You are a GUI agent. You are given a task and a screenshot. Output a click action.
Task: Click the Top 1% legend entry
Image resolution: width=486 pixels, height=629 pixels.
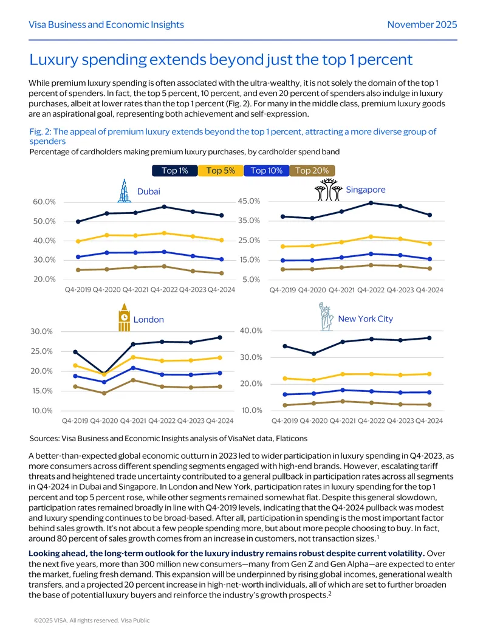175,171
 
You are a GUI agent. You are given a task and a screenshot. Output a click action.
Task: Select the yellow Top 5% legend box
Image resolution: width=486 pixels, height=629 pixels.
221,171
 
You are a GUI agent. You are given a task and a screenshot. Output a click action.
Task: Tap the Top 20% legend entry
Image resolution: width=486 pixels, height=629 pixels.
312,171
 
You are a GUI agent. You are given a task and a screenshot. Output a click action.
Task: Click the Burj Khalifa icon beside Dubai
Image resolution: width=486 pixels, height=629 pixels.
125,191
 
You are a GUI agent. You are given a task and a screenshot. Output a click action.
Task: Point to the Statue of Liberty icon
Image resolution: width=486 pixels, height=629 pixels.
326,317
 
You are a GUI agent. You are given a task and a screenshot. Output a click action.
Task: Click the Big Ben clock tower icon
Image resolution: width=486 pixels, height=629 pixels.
125,317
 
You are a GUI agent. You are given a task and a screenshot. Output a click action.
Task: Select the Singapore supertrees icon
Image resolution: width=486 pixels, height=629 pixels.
328,190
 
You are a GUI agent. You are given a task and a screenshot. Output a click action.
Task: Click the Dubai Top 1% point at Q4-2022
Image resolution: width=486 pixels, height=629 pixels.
164,207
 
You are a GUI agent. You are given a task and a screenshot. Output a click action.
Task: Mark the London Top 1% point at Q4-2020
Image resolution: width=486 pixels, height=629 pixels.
104,374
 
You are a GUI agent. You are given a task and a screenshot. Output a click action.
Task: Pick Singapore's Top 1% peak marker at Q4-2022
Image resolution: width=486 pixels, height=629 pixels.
371,203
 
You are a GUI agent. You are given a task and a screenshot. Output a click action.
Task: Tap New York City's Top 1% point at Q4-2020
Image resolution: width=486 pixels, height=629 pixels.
313,354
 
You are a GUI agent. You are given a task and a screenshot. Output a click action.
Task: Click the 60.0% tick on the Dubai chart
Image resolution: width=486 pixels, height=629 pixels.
44,202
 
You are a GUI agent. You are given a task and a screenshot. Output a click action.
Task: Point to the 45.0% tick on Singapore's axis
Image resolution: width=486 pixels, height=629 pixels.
249,201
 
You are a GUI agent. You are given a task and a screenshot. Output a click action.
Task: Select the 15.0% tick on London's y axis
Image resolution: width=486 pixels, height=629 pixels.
42,391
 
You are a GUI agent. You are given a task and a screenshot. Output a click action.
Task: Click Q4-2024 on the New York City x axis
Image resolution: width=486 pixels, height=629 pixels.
429,421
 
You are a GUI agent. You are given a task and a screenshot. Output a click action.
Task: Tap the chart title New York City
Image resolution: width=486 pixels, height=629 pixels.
365,319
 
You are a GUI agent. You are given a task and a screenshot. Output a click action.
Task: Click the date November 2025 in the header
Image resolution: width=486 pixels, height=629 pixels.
422,24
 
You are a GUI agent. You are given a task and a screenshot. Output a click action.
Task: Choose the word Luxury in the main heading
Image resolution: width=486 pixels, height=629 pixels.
54,60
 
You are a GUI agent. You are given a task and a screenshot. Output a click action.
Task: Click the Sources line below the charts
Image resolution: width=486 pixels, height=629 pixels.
168,438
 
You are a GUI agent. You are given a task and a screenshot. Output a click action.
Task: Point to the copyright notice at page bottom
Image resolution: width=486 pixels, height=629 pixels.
92,620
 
